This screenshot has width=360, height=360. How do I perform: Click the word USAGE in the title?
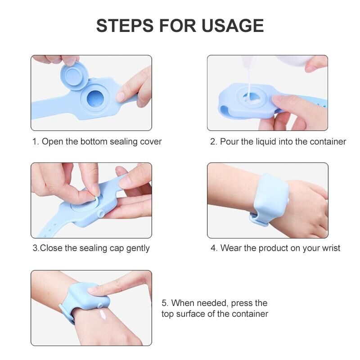(233, 26)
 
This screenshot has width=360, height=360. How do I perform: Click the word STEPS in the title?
(125, 26)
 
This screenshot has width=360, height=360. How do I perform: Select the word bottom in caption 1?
(94, 141)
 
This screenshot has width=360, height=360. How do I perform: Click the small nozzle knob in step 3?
(100, 214)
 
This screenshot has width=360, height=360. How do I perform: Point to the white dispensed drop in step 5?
(103, 314)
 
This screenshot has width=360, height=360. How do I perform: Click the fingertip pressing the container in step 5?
(94, 290)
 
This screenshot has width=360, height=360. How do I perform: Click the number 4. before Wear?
(214, 248)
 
